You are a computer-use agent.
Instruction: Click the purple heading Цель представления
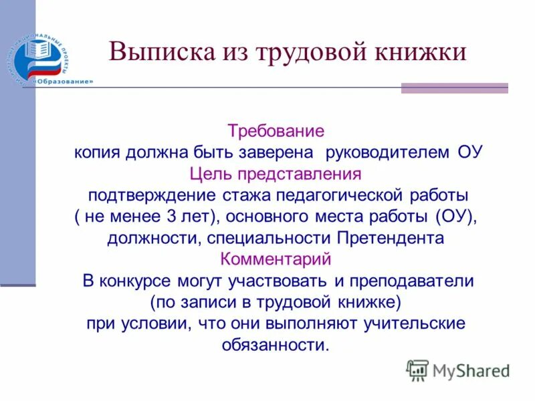click(x=276, y=174)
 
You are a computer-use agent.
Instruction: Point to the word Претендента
click(x=391, y=239)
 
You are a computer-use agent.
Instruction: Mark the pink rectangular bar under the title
click(x=454, y=88)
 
